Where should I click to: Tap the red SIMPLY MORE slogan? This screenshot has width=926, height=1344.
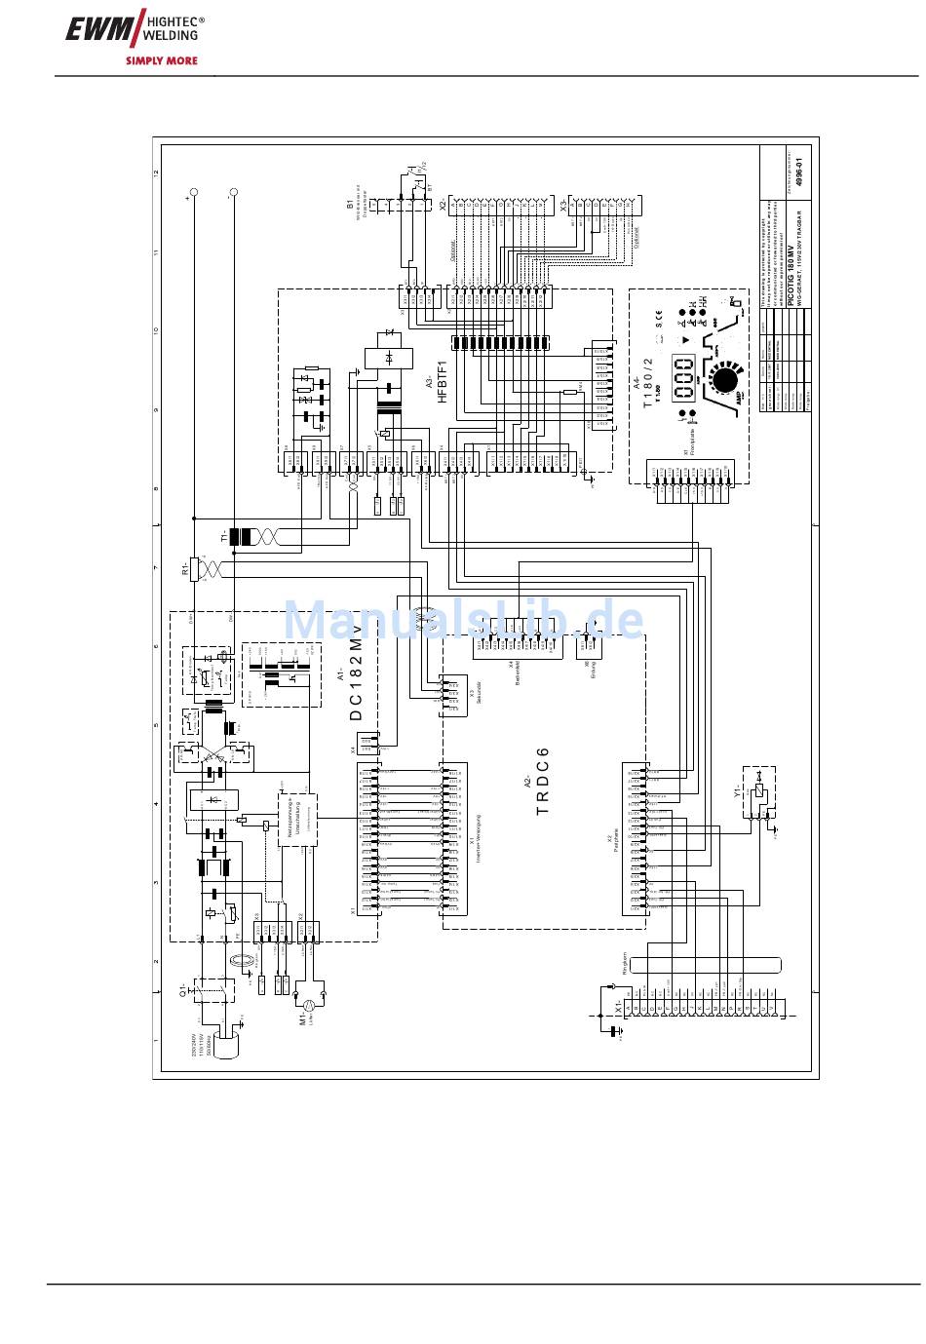(x=162, y=60)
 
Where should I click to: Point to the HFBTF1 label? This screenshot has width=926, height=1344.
(x=441, y=381)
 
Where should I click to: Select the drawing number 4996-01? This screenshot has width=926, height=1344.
(x=799, y=173)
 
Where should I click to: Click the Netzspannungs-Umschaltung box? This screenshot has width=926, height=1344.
(x=296, y=820)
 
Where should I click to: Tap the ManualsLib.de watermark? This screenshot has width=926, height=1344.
(x=463, y=620)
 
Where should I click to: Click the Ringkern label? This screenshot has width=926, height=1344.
(x=625, y=965)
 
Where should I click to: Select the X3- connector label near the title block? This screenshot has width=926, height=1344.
(x=562, y=205)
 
